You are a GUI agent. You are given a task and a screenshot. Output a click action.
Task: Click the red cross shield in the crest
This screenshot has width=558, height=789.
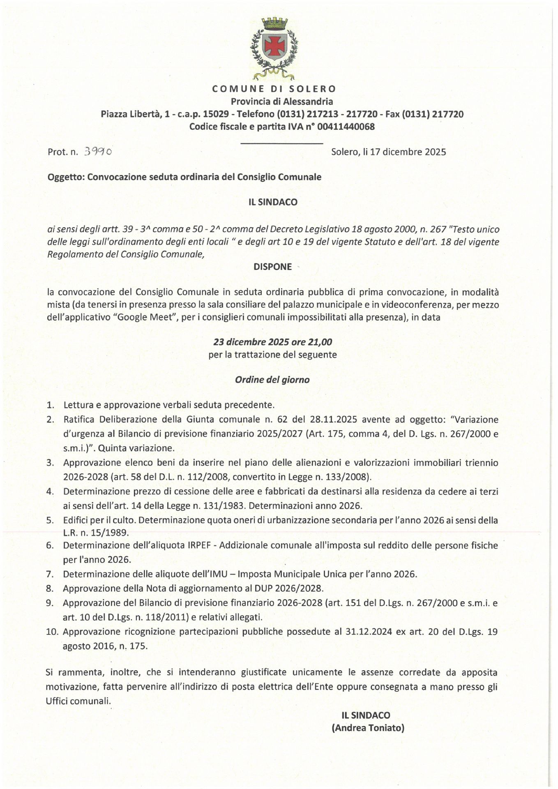(x=274, y=46)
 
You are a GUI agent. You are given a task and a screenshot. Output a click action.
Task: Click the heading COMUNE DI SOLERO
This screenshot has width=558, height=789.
(x=274, y=89)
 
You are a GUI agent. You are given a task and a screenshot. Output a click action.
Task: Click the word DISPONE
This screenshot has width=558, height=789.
(x=273, y=267)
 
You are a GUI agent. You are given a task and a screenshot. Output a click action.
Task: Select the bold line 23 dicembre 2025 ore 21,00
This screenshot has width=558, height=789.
(x=273, y=342)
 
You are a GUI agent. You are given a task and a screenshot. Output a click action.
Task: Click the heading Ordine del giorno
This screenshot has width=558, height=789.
(x=272, y=380)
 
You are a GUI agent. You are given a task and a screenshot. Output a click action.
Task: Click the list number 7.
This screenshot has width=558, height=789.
(x=51, y=574)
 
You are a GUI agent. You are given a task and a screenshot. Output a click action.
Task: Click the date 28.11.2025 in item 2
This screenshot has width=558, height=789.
(x=333, y=420)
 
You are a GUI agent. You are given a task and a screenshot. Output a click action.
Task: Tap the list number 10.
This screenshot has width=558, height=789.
(x=52, y=632)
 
